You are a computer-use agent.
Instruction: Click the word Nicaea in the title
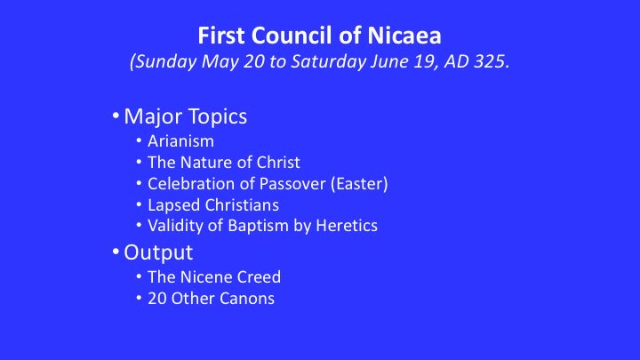[404, 36]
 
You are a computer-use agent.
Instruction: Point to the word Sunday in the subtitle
[165, 62]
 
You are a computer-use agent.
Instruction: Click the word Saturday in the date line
[328, 62]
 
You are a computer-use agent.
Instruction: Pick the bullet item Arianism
[180, 141]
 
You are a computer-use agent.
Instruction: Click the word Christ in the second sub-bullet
[278, 163]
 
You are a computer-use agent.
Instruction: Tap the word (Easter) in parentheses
[359, 184]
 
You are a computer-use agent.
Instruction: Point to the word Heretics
[347, 226]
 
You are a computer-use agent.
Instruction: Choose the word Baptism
[258, 226]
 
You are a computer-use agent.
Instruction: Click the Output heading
[158, 252]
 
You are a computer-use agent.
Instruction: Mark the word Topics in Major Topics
[218, 116]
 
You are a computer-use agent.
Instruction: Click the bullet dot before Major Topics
[116, 116]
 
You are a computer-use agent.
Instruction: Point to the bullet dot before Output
[116, 252]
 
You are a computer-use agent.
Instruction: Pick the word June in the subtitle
[387, 61]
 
